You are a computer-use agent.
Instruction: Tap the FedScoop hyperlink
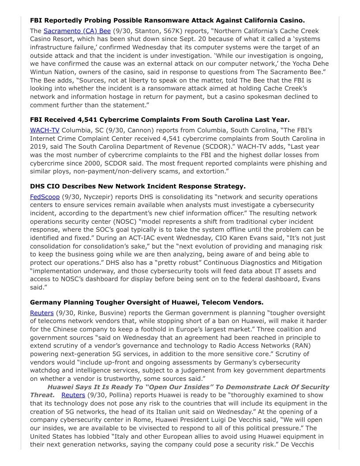pyautogui.click(x=45, y=197)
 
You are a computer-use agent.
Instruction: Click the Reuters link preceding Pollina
pyautogui.click(x=73, y=395)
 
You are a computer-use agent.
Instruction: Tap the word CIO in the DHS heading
pyautogui.click(x=52, y=186)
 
